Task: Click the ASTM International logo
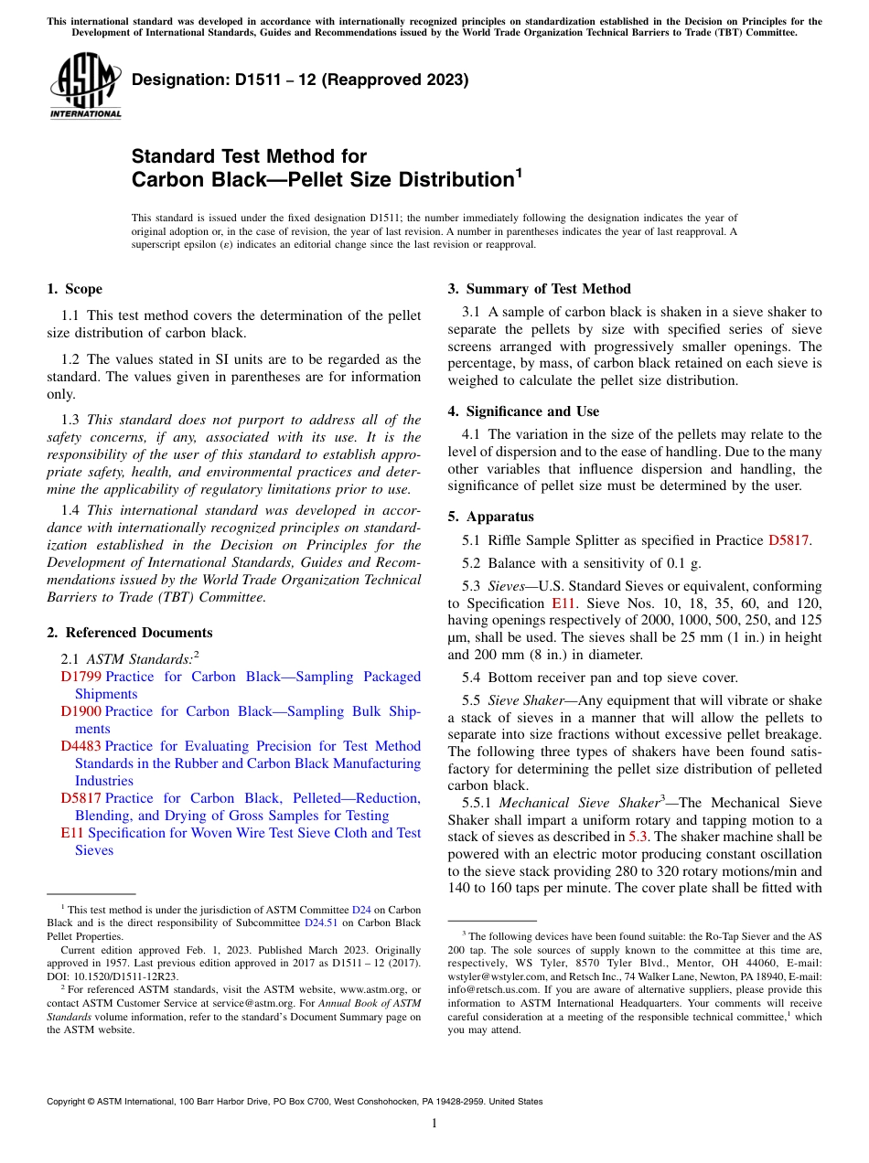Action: [85, 87]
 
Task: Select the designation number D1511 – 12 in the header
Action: [242, 80]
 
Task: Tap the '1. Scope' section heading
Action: [74, 290]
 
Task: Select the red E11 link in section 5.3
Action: [561, 603]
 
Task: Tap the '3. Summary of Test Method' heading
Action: [539, 290]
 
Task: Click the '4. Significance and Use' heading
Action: [523, 411]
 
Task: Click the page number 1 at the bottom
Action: [434, 1124]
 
